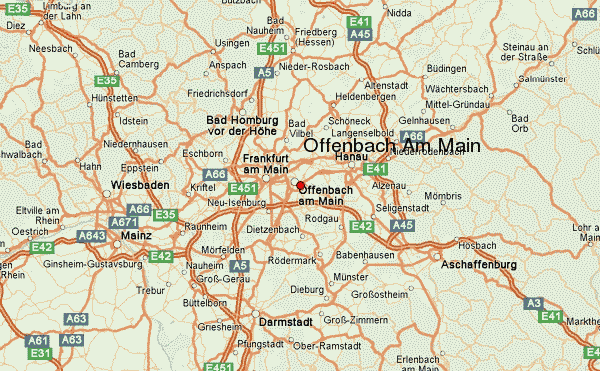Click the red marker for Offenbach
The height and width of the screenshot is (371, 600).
[x=300, y=185]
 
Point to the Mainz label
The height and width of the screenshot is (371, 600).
[x=135, y=236]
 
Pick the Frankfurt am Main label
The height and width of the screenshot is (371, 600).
[x=266, y=164]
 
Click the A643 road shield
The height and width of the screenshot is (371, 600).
[x=91, y=236]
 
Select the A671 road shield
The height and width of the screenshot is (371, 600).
[x=123, y=222]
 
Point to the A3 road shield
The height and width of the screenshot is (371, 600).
[x=534, y=303]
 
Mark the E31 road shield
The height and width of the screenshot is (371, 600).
[x=40, y=353]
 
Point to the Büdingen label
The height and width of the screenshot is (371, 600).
[x=446, y=68]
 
